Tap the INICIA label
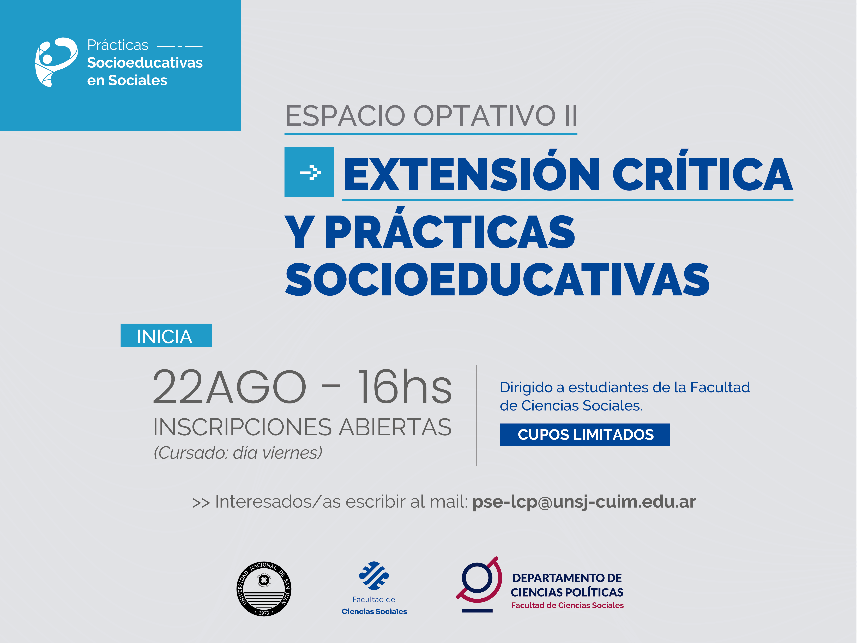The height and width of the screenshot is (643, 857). [x=166, y=336]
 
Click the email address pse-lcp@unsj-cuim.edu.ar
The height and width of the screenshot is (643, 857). [x=584, y=502]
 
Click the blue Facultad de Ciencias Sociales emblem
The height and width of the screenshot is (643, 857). [x=374, y=576]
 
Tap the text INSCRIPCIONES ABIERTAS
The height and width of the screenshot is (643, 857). [x=302, y=427]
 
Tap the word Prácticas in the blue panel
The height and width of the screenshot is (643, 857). [x=118, y=45]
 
